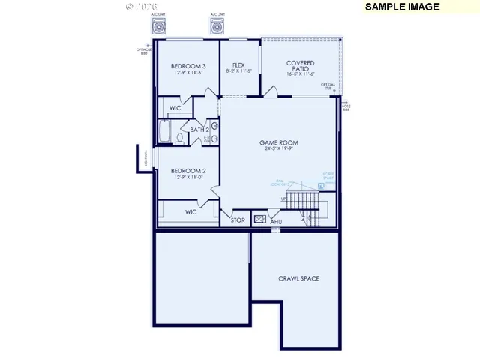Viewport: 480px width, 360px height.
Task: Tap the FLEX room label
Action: point(238,65)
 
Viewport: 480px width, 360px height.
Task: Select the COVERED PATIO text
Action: point(300,67)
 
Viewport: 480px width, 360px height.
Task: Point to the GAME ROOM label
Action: point(279,142)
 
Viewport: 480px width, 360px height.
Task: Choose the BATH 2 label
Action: point(199,130)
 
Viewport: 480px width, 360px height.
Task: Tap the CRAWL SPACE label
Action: point(298,278)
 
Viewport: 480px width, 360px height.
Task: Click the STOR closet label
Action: point(238,220)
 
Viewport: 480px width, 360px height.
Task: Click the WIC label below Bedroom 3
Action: point(175,108)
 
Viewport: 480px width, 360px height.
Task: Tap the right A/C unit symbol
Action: point(218,28)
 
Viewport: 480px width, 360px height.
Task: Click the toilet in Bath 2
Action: point(181,138)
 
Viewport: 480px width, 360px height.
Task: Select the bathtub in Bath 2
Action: point(166,133)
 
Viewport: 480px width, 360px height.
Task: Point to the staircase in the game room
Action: point(303,202)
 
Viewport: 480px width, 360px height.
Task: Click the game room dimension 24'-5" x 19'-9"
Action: point(279,149)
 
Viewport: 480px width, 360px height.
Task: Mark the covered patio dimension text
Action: point(300,75)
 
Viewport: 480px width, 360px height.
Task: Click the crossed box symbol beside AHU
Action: point(260,220)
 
